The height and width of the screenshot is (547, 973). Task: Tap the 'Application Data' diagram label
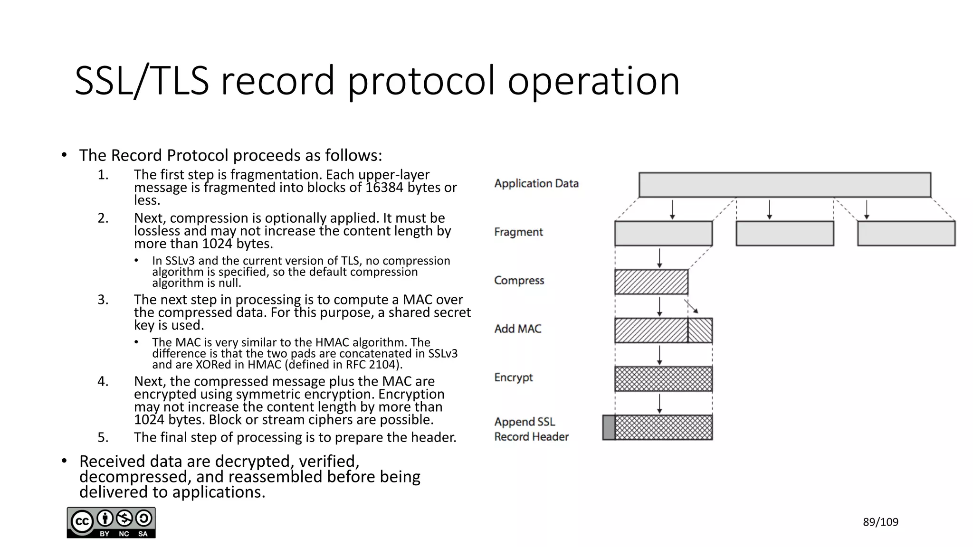tap(536, 184)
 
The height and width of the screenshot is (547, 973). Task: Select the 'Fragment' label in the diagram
tap(518, 232)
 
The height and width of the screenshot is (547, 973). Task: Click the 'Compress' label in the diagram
tap(519, 281)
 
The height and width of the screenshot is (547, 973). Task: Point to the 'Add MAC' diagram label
tap(517, 329)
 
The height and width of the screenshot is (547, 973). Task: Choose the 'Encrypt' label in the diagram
tap(513, 377)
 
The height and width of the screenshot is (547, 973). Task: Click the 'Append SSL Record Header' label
tap(531, 429)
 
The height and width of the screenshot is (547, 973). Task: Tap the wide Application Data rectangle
tap(784, 185)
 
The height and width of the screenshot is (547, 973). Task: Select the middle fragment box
tap(784, 234)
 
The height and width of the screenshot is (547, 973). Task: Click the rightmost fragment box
tap(906, 234)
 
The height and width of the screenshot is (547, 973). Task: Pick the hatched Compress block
tap(651, 282)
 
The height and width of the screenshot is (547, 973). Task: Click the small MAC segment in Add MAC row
tap(700, 330)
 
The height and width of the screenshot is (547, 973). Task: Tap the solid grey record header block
tap(609, 427)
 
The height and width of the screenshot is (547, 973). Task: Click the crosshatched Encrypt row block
tap(663, 379)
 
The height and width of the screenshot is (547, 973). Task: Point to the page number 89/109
tap(880, 522)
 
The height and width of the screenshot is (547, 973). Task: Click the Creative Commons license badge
tap(111, 523)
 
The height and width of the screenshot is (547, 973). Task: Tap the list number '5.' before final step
tap(103, 437)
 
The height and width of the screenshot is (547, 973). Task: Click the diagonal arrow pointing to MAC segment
tap(691, 306)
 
